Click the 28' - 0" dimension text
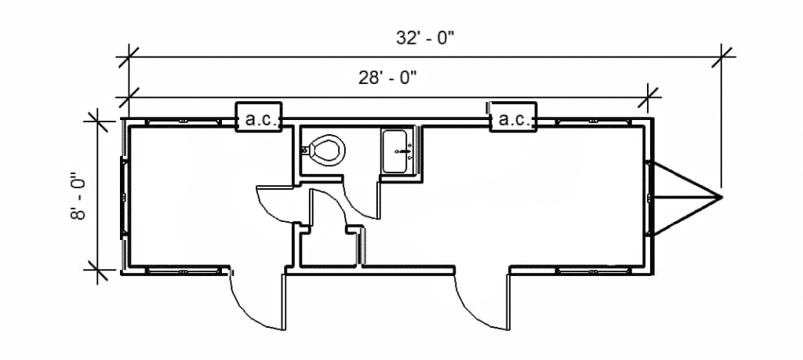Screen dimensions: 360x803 [x=387, y=77]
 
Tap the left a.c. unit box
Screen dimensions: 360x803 [x=259, y=120]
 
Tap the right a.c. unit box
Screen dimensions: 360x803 [x=513, y=120]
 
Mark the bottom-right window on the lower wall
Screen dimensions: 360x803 [x=594, y=271]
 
